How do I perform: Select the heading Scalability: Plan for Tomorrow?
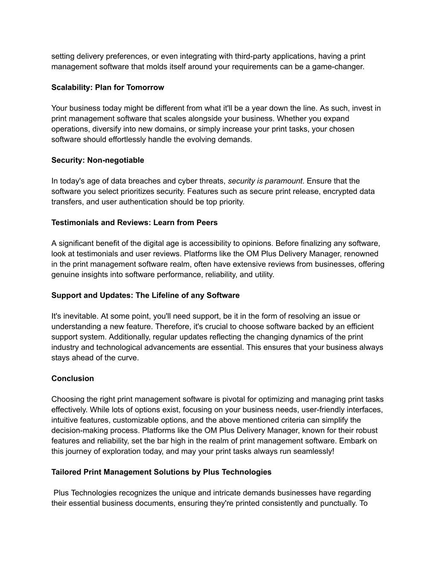click(x=108, y=88)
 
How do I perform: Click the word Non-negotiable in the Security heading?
click(x=116, y=160)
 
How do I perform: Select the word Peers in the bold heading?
click(x=207, y=223)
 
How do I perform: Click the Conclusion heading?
click(x=73, y=378)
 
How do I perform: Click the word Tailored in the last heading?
click(x=66, y=472)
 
